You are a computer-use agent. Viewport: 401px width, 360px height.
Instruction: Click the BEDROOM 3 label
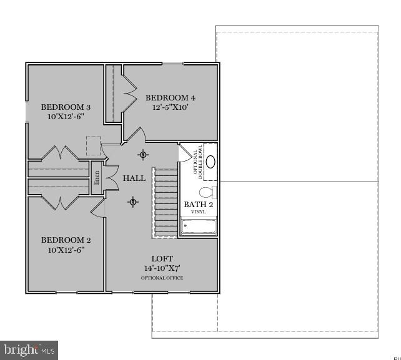[x=62, y=107]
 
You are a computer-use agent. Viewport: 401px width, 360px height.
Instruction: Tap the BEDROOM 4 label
[x=171, y=97]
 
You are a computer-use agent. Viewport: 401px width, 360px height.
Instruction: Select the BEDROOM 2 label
[x=66, y=240]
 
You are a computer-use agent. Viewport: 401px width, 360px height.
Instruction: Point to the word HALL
[x=134, y=178]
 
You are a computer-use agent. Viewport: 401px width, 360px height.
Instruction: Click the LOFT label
[x=162, y=258]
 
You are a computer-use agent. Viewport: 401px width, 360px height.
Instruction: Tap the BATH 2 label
[x=199, y=205]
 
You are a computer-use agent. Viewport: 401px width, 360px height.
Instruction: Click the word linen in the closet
[x=97, y=178]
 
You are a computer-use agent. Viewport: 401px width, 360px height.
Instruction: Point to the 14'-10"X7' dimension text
[x=162, y=268]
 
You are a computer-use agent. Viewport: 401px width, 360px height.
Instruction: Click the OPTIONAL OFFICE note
[x=162, y=278]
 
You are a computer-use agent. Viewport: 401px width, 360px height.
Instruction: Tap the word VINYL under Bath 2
[x=199, y=212]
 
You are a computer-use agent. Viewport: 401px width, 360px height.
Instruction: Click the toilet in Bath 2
[x=207, y=192]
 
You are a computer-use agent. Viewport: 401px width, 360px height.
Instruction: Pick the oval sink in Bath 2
[x=210, y=162]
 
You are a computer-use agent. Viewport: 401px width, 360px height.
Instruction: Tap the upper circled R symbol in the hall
[x=143, y=155]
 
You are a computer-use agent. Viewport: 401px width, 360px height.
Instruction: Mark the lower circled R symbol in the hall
[x=132, y=201]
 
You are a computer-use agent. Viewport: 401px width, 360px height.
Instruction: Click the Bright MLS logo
[x=29, y=350]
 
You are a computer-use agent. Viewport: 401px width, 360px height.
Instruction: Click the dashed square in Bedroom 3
[x=93, y=145]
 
